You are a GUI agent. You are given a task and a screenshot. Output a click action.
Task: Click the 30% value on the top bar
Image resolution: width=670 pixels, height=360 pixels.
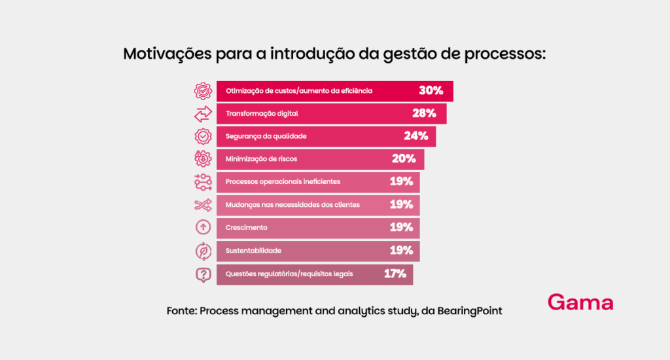(431, 91)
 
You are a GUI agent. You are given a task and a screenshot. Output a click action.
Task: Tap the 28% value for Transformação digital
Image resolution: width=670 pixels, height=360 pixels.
(424, 113)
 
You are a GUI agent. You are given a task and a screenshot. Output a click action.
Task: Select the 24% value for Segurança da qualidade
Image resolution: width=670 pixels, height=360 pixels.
(415, 136)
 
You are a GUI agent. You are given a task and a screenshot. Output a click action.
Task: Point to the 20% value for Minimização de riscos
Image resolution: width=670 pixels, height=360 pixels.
(404, 158)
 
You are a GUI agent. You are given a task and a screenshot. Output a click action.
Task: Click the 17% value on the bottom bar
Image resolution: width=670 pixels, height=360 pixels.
(395, 274)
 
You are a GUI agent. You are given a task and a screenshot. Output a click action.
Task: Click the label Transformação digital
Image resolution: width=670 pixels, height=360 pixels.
(262, 114)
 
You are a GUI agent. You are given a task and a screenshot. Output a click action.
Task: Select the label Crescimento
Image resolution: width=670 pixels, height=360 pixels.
(246, 228)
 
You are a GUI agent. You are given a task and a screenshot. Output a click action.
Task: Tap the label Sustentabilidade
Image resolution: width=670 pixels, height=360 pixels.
(253, 251)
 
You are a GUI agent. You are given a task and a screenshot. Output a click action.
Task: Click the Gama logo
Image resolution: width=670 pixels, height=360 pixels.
(580, 303)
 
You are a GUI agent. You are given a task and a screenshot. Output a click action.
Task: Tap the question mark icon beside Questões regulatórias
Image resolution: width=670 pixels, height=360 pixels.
(203, 274)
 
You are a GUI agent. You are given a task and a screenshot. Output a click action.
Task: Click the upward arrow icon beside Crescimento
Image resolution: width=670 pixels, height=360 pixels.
(203, 228)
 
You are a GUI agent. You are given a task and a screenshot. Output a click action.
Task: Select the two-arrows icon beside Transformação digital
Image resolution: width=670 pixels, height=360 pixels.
(203, 114)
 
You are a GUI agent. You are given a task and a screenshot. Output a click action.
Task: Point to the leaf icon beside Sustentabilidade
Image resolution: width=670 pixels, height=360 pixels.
(203, 251)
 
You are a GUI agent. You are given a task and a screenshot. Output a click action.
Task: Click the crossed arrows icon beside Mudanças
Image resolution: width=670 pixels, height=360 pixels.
(203, 205)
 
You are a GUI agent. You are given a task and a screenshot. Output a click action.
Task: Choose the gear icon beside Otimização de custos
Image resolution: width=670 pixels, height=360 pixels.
(203, 91)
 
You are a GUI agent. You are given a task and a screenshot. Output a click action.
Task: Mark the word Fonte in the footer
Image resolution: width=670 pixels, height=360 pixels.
(181, 311)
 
